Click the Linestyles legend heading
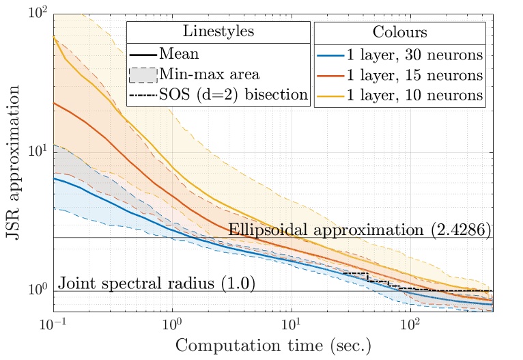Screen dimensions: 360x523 218,33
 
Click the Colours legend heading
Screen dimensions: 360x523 400,33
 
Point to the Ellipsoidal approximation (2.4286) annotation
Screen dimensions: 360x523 359,230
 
